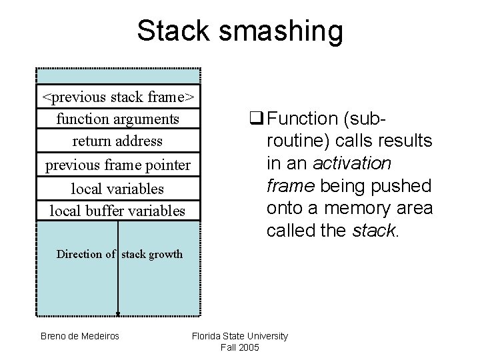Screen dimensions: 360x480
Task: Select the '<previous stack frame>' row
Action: tap(118, 97)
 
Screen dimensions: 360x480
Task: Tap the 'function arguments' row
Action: tap(118, 119)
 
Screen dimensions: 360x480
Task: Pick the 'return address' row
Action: tap(118, 141)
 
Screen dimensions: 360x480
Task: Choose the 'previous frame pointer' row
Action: tap(118, 165)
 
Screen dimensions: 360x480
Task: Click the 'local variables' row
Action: tap(118, 189)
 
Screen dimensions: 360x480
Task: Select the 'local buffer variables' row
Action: tap(118, 211)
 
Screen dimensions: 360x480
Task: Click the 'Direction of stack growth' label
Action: tap(119, 254)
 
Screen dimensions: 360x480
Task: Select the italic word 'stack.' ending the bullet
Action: tap(377, 231)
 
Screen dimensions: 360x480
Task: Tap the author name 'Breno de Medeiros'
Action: tap(80, 336)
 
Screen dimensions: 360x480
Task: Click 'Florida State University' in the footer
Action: tap(240, 336)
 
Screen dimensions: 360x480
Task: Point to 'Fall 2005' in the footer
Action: tap(240, 347)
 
